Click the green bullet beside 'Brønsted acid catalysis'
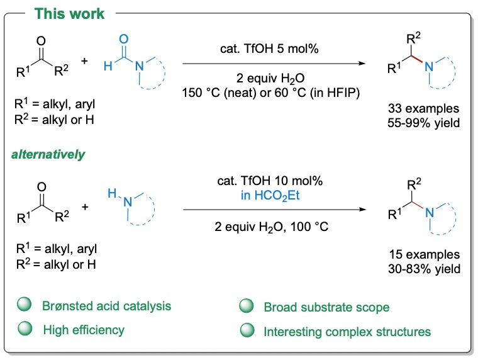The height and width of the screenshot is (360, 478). (25, 307)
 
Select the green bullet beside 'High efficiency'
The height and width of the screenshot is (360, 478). (25, 329)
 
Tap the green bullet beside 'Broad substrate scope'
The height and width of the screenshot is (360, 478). (247, 307)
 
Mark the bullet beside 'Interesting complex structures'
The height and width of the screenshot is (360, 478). (247, 329)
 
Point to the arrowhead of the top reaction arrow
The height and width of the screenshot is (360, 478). (363, 63)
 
